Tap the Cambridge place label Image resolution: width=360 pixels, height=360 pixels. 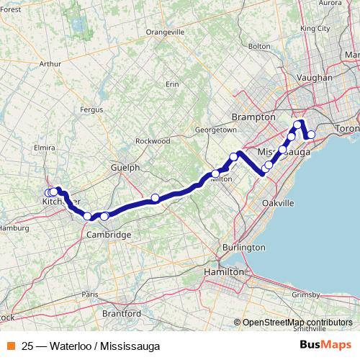pyautogui.click(x=108, y=235)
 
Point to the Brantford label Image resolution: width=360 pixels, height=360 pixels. pyautogui.click(x=122, y=314)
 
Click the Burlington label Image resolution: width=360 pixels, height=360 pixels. pyautogui.click(x=243, y=247)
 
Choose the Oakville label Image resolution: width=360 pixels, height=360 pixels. pyautogui.click(x=278, y=204)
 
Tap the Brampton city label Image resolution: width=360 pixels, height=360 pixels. pyautogui.click(x=250, y=117)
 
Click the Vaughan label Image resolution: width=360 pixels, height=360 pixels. pyautogui.click(x=314, y=77)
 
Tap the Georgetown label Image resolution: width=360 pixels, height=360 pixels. pyautogui.click(x=216, y=130)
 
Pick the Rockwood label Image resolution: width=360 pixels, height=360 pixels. pyautogui.click(x=153, y=141)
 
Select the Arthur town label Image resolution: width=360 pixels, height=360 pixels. pyautogui.click(x=50, y=64)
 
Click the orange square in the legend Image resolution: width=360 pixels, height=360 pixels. pyautogui.click(x=11, y=346)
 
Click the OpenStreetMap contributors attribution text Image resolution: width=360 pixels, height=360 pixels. pyautogui.click(x=297, y=323)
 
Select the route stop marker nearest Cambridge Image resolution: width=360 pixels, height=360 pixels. pyautogui.click(x=104, y=216)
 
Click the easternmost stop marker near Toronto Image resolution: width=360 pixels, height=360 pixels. pyautogui.click(x=311, y=135)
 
